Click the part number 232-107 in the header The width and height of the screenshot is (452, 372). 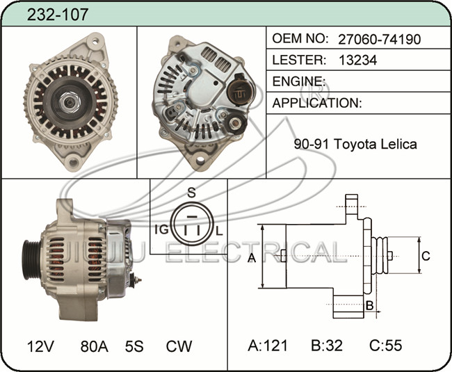(57, 15)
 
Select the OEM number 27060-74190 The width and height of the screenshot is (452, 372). (380, 39)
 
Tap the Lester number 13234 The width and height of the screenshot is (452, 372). (357, 60)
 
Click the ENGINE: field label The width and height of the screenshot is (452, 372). (299, 81)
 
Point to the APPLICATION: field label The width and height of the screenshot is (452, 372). (317, 103)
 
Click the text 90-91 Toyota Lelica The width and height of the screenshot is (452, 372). (355, 144)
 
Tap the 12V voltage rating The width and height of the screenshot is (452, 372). (40, 346)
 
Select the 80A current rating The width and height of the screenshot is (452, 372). (95, 346)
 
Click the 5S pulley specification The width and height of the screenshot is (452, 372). (134, 346)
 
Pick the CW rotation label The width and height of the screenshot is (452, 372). (179, 346)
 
